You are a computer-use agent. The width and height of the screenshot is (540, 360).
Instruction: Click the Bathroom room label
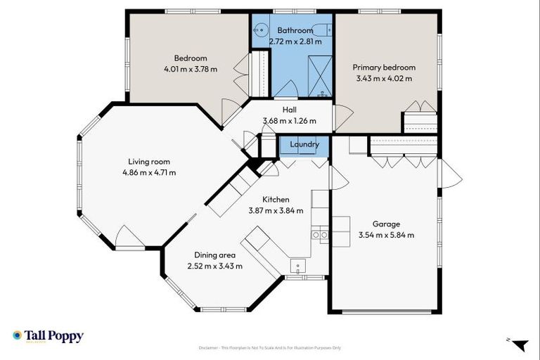click(x=295, y=30)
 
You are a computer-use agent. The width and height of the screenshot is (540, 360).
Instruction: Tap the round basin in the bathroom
click(x=260, y=30)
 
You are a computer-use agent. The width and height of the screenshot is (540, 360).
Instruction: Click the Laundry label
click(x=304, y=145)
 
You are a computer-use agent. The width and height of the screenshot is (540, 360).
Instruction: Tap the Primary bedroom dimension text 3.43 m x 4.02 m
click(x=384, y=78)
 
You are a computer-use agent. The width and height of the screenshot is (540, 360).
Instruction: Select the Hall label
click(x=289, y=110)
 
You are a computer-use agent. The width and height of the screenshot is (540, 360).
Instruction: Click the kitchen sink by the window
click(x=298, y=267)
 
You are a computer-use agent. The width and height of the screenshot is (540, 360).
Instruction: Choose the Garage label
click(x=386, y=224)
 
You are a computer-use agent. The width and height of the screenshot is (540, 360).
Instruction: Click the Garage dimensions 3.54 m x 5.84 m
click(x=386, y=235)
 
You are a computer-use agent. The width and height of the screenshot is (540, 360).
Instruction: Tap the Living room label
click(x=148, y=161)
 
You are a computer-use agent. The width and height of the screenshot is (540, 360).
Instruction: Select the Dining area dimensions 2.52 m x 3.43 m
click(x=214, y=266)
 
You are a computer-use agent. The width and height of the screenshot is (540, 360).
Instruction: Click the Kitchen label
click(x=276, y=199)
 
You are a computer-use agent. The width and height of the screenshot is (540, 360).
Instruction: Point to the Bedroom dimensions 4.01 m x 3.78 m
click(x=190, y=69)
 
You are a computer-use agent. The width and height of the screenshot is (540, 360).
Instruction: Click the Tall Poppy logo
click(x=48, y=336)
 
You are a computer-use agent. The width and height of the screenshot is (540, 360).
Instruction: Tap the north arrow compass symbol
click(x=518, y=344)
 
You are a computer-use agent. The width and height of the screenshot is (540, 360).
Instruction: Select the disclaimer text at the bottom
click(x=270, y=348)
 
